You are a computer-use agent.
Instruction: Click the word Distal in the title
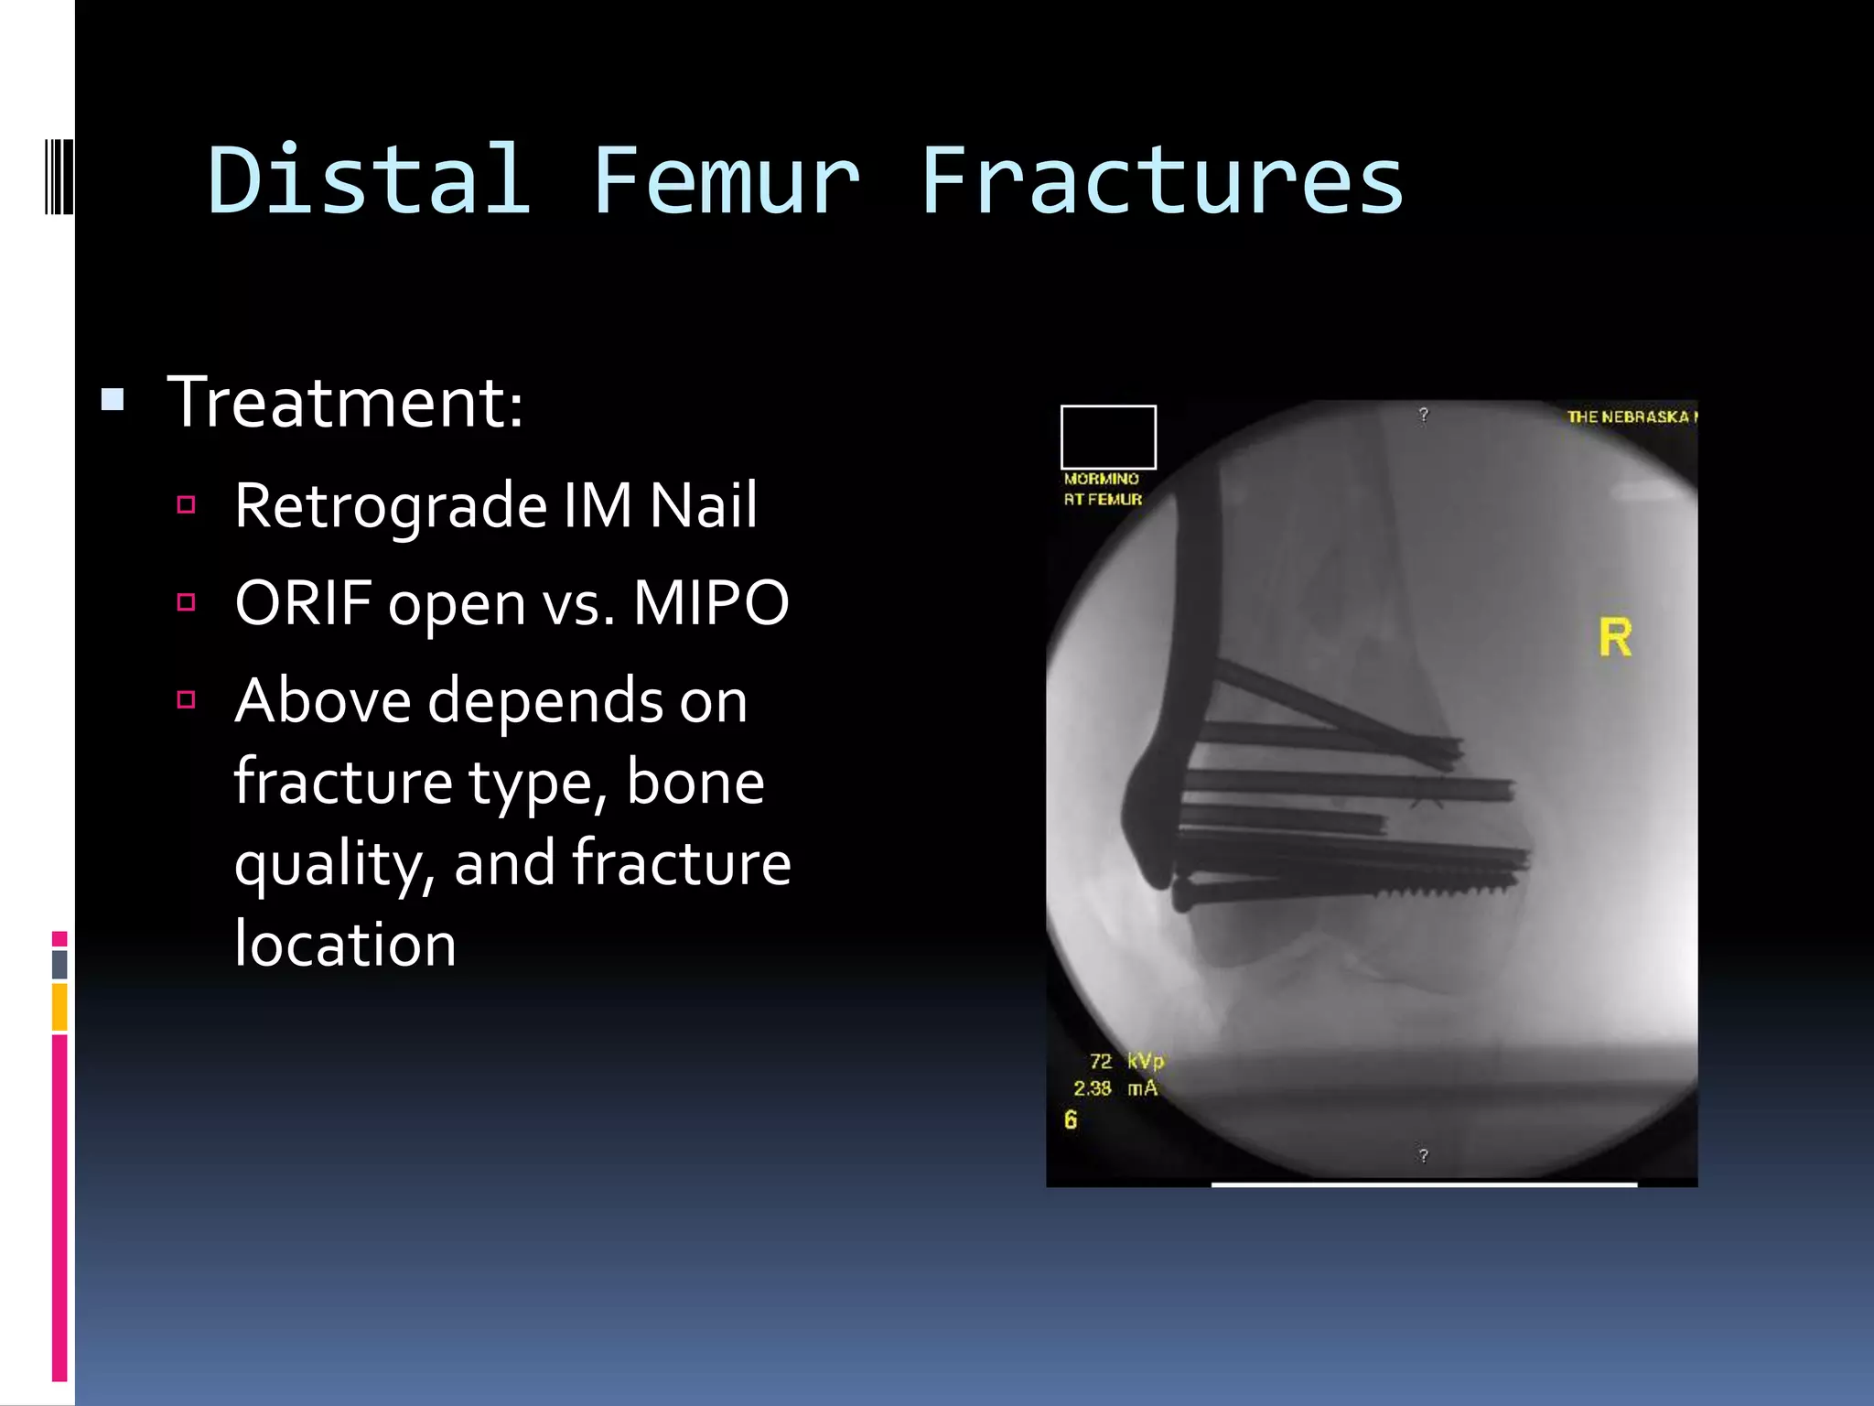coord(369,180)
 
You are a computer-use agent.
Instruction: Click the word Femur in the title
coord(726,180)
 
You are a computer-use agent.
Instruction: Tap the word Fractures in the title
coord(1161,180)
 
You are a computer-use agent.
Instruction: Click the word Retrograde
coord(391,506)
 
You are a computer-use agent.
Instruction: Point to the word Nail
coord(703,504)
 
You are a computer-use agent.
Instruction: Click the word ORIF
coord(302,603)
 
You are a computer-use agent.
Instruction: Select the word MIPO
coord(710,603)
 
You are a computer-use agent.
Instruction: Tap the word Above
coord(322,701)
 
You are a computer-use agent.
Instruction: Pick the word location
coord(345,944)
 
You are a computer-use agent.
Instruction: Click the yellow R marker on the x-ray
coord(1615,638)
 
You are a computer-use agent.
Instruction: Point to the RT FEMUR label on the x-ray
coord(1103,500)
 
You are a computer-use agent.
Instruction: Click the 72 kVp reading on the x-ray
coord(1125,1061)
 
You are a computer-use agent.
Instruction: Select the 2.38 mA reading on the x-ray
coord(1115,1088)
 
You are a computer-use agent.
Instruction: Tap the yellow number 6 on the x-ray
coord(1071,1119)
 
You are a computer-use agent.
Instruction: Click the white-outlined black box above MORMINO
coord(1108,438)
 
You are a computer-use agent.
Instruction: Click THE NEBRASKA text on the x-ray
coord(1630,416)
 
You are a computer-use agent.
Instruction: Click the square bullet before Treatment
coord(113,400)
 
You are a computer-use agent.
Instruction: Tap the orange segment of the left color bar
coord(59,1007)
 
